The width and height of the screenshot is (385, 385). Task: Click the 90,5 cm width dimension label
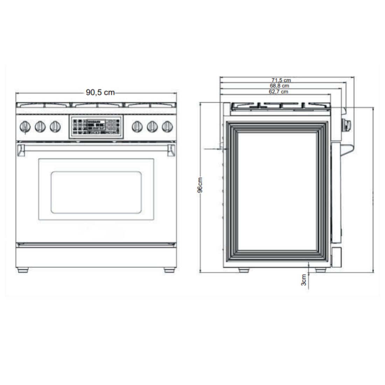(100, 92)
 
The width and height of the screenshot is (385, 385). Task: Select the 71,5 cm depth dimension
(281, 80)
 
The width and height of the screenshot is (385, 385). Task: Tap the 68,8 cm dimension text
(279, 86)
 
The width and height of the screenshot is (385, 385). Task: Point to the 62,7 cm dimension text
(278, 92)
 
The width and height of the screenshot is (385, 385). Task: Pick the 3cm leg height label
(303, 280)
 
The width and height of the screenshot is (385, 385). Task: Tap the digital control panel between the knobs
(96, 126)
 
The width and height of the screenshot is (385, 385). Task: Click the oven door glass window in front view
(96, 192)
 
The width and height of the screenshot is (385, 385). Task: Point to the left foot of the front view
(23, 270)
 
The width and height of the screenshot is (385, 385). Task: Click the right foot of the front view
(170, 270)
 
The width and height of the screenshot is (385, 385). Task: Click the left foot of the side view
(244, 270)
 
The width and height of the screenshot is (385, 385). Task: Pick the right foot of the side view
(320, 270)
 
